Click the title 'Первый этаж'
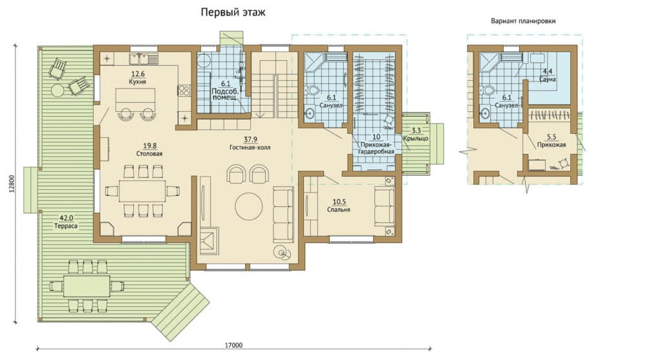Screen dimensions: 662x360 [x=233, y=12]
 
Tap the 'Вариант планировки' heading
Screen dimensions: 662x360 [x=523, y=21]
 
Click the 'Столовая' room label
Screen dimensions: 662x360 [x=149, y=154]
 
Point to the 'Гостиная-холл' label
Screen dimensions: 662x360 [x=250, y=148]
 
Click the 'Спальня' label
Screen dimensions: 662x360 [x=339, y=209]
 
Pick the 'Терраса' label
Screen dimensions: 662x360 [x=66, y=226]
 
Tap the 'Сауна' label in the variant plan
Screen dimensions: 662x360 [x=548, y=79]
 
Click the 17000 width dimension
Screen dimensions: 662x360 [x=233, y=344]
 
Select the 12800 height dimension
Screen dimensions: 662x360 [x=12, y=184]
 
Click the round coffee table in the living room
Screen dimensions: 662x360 [x=249, y=206]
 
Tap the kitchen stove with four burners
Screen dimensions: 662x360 [x=184, y=90]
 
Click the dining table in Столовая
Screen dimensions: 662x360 [x=142, y=191]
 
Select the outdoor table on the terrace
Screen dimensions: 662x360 [x=87, y=286]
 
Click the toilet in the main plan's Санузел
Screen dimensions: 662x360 [x=313, y=89]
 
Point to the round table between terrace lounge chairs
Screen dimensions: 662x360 [x=57, y=90]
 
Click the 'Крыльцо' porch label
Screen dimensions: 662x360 [x=416, y=138]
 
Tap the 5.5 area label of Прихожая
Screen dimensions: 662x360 [x=551, y=137]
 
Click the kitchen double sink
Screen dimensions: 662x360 [x=144, y=58]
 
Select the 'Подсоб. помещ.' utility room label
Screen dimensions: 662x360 [x=224, y=94]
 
